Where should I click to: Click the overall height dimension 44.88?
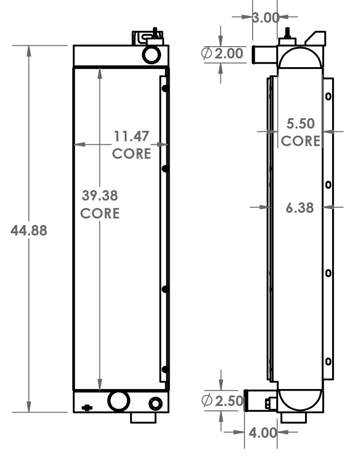[x=29, y=230]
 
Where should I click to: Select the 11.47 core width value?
[x=132, y=136]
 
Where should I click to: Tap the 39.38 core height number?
[x=100, y=195]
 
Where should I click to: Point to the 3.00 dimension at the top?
[x=265, y=17]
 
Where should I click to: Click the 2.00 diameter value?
[x=228, y=54]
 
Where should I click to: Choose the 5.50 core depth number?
[x=300, y=123]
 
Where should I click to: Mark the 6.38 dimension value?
[x=300, y=208]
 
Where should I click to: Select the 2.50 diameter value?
[x=228, y=400]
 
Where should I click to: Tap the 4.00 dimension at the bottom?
[x=263, y=433]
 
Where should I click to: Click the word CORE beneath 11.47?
[x=132, y=153]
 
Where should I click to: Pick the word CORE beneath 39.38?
[x=100, y=213]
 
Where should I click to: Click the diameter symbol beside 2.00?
[x=206, y=54]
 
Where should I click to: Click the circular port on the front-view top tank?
[x=151, y=54]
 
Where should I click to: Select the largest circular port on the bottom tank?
[x=119, y=401]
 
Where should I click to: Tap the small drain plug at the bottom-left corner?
[x=87, y=408]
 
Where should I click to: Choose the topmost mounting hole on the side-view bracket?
[x=328, y=96]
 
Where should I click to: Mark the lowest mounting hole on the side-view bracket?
[x=328, y=362]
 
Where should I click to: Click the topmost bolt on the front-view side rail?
[x=165, y=89]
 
